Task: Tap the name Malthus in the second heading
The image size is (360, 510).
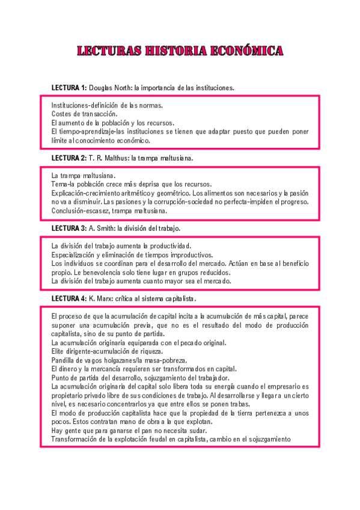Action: pos(117,158)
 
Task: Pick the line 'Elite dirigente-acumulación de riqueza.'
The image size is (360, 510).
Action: pos(107,351)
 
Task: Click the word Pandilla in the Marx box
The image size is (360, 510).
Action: pos(64,360)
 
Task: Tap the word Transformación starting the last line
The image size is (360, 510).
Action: pos(75,439)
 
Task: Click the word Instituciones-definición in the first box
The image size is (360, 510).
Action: pos(84,105)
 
